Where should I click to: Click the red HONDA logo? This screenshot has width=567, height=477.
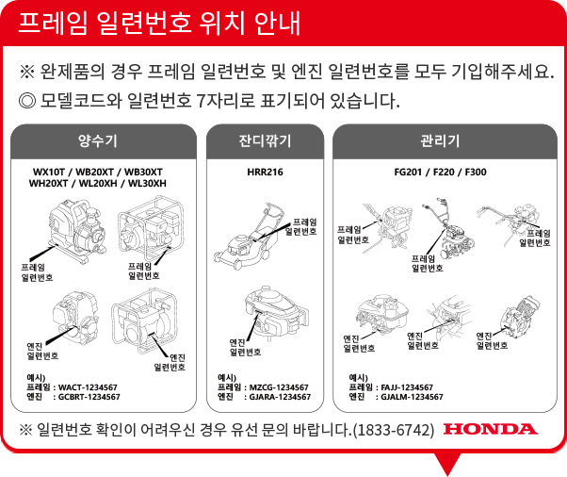[491, 429]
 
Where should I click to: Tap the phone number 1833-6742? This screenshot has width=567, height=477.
[394, 430]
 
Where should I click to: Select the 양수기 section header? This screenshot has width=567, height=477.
[98, 140]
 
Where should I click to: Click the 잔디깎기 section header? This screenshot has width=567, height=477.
[265, 140]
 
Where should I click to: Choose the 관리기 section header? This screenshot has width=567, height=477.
[440, 140]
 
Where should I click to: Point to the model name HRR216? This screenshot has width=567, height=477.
[265, 172]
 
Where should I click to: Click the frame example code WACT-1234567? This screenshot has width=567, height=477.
[88, 387]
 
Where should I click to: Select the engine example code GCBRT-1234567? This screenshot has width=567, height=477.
[89, 397]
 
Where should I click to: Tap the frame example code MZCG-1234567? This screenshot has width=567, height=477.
[279, 387]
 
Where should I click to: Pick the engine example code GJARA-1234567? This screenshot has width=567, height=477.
[280, 397]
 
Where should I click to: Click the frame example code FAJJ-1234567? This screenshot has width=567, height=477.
[407, 387]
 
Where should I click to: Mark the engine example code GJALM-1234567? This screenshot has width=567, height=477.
[412, 397]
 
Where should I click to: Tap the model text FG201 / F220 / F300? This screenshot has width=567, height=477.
[440, 172]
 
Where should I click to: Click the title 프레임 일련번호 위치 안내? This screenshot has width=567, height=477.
[159, 23]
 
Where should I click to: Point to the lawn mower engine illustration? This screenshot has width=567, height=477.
[277, 312]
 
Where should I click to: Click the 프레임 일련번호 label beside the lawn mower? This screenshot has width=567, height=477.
[301, 226]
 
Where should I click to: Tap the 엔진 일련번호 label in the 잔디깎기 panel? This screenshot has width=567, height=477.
[245, 347]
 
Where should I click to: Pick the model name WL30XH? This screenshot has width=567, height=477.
[147, 184]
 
